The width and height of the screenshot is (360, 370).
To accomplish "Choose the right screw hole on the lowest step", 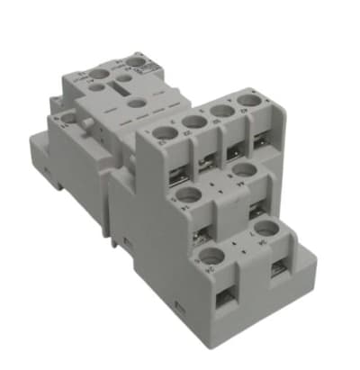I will click(x=265, y=227).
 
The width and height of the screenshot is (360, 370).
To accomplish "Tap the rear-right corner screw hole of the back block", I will click(x=137, y=62).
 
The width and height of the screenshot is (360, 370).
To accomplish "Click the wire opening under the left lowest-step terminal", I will click(x=219, y=293).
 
